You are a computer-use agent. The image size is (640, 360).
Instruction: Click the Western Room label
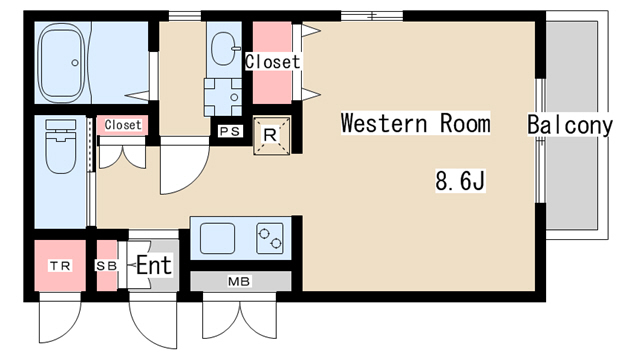coord(415,123)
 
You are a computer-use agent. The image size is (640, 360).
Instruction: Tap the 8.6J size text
coord(460,181)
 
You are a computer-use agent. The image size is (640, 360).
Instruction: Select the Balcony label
coord(570,125)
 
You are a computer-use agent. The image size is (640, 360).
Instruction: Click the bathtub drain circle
coord(75,63)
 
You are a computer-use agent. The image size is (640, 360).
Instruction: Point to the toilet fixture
coord(61,146)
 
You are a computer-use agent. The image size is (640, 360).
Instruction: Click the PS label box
coord(230,131)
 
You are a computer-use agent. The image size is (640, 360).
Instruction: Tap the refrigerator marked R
coord(272,136)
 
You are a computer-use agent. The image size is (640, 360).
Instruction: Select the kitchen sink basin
coord(218,238)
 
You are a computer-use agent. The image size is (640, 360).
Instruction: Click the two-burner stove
coord(270,238)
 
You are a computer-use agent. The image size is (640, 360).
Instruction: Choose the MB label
coord(239,281)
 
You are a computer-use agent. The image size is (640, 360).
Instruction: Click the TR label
coord(60,266)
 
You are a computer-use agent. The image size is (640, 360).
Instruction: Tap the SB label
coord(107,266)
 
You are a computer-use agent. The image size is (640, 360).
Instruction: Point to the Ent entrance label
coord(154,265)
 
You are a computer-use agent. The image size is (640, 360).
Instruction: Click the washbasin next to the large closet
coord(224,49)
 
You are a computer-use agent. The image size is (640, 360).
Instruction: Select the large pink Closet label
coord(273,62)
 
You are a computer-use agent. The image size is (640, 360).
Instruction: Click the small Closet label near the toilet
coord(123,125)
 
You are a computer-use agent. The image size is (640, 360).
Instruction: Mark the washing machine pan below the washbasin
coord(223,97)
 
